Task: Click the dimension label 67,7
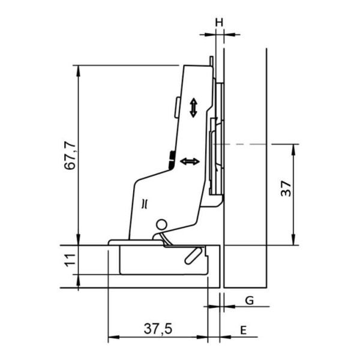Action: point(70,156)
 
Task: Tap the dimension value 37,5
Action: point(158,329)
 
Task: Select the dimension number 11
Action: point(70,260)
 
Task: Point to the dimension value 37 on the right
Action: point(286,188)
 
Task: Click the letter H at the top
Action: point(219,23)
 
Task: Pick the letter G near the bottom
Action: point(250,301)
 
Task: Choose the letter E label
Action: point(244,331)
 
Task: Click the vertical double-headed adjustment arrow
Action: point(194,107)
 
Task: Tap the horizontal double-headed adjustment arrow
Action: point(190,161)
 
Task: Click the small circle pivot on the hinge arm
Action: point(161,224)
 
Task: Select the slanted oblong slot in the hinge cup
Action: point(194,256)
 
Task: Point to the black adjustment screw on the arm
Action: point(172,160)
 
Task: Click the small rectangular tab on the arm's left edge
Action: point(177,107)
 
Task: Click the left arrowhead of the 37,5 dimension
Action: point(113,337)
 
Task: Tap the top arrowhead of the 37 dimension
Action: point(293,149)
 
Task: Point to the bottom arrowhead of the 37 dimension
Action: point(293,239)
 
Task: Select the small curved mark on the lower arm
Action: point(145,204)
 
